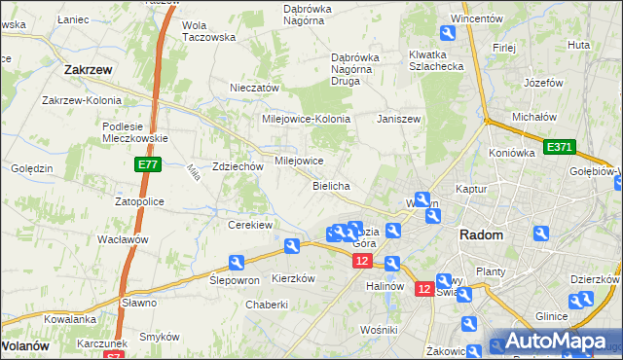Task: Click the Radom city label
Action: coord(481,235)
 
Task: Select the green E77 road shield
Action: coord(148,166)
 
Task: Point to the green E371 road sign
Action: coord(560,147)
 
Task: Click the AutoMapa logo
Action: coord(555,342)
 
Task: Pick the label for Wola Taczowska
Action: coord(209,31)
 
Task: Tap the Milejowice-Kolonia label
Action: coord(306,119)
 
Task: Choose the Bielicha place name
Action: coord(331,185)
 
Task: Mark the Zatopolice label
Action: coord(139,201)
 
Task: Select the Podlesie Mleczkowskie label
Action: coord(135,131)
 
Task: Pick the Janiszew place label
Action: coord(398,119)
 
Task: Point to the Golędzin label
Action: coord(32,168)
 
